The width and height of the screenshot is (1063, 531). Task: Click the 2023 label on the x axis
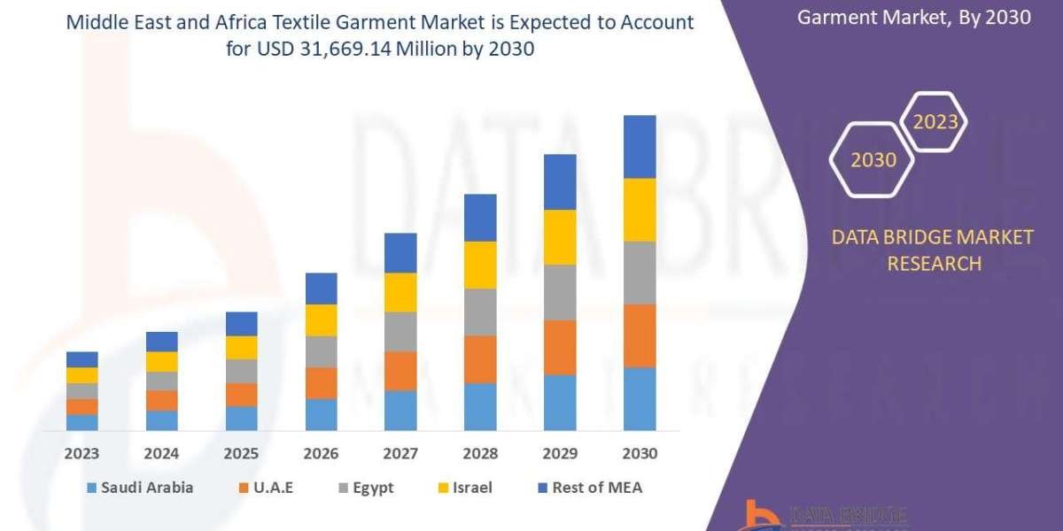(x=81, y=453)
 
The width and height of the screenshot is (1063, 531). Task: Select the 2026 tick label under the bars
(x=321, y=453)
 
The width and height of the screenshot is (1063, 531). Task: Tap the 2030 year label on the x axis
(x=640, y=453)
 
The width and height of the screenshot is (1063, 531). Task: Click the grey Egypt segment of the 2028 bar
(x=480, y=312)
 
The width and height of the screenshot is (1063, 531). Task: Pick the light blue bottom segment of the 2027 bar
(x=400, y=411)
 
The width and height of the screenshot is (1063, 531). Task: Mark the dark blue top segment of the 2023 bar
(x=81, y=359)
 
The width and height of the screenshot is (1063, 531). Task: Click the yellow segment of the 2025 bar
(x=241, y=348)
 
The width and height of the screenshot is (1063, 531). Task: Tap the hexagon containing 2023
(x=935, y=122)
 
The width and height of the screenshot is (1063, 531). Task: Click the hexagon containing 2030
(x=873, y=160)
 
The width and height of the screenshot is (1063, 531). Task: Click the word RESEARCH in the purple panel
(x=934, y=263)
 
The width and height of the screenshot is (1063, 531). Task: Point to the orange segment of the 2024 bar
(x=161, y=401)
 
